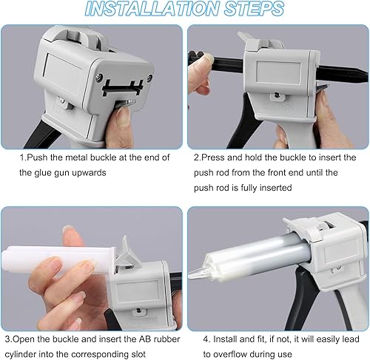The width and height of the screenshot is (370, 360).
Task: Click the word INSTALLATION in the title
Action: (152, 8)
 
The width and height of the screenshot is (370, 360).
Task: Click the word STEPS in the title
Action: (255, 8)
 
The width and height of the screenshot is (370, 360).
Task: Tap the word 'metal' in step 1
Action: (75, 157)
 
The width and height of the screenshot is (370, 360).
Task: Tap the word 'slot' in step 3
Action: (138, 355)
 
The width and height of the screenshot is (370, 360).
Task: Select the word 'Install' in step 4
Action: (225, 339)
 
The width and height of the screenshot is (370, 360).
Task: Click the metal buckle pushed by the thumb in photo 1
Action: (127, 103)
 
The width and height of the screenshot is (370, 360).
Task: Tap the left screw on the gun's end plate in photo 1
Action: (99, 77)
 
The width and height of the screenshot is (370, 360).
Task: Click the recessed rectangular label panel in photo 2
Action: (278, 72)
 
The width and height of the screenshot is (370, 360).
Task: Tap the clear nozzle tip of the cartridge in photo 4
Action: (198, 273)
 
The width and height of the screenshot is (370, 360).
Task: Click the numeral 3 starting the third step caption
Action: (8, 339)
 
